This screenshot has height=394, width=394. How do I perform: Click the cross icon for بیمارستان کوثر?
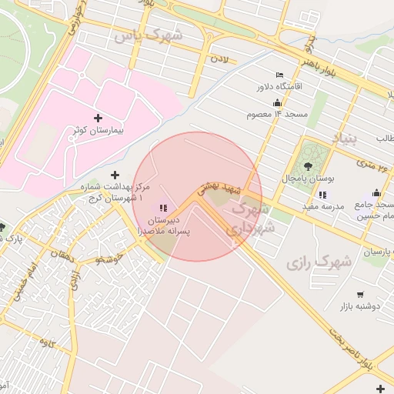pos(97,118)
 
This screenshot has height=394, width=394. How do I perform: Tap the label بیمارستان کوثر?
pos(97,131)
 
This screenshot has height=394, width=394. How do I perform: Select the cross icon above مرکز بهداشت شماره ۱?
pos(115,175)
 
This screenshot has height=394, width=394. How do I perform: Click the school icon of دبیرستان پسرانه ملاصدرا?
pos(163,207)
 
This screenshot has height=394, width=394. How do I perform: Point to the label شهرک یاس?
pos(148,35)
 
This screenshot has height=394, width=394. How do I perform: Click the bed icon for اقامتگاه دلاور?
pos(279,75)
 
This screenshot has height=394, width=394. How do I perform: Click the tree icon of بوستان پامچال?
pos(309,165)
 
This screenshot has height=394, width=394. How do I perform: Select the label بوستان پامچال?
pos(309,178)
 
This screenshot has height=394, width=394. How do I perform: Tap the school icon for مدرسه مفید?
pos(322,194)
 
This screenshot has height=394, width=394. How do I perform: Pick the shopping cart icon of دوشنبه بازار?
pos(359,294)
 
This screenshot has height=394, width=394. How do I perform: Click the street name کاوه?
pos(48,344)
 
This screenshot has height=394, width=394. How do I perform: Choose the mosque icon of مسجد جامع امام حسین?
pos(376,193)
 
